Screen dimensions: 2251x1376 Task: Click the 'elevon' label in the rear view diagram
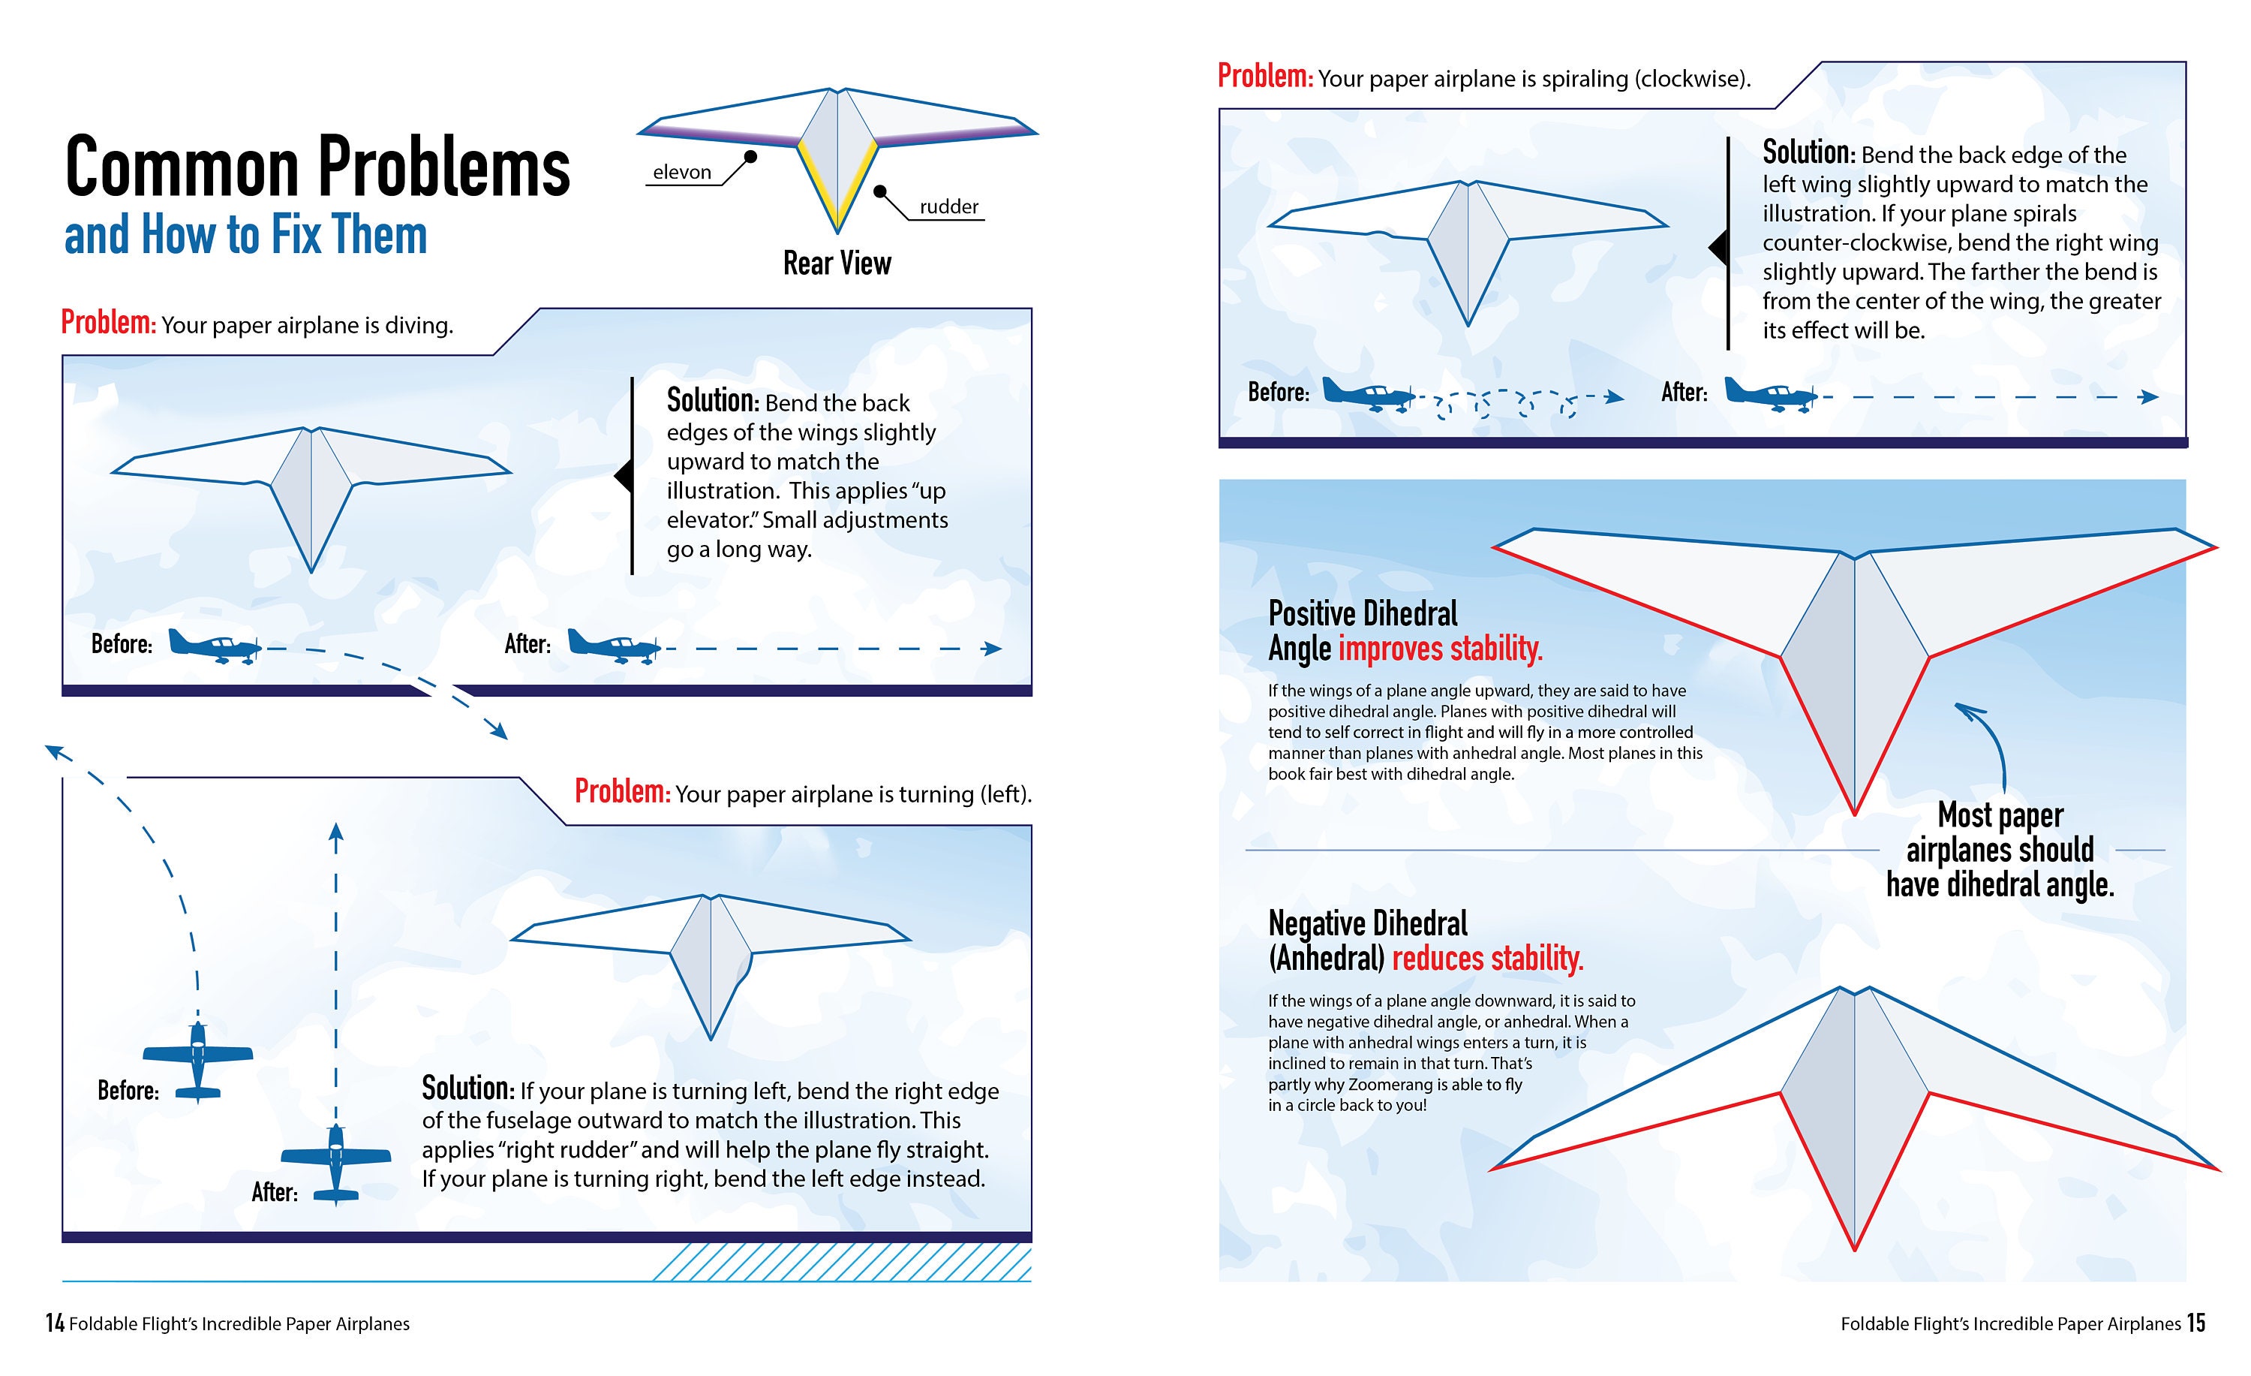pos(681,172)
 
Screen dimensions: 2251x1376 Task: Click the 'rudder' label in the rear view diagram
pos(948,206)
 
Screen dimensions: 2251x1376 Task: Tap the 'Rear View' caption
pos(837,263)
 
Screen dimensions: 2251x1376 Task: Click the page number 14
pos(55,1323)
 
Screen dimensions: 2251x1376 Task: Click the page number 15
pos(2196,1323)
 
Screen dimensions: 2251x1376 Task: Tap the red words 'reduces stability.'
pos(1487,959)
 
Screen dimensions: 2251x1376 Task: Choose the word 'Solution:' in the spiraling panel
pos(1808,152)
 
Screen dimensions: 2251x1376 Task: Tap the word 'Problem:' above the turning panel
pos(622,791)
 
